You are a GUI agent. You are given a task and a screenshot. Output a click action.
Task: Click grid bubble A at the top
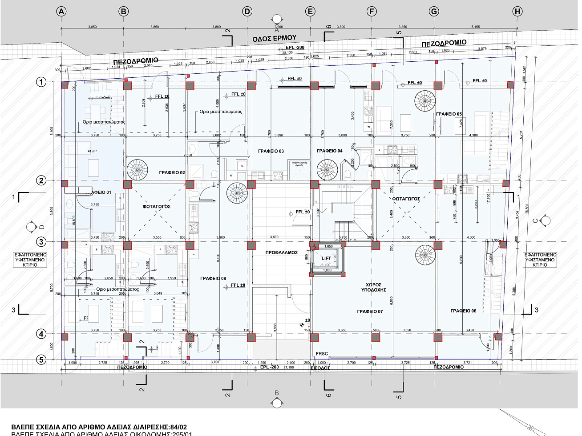coord(61,12)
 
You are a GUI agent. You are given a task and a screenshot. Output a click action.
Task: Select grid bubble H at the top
coord(517,12)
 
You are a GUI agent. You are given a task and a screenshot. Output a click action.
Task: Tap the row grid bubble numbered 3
coord(41,242)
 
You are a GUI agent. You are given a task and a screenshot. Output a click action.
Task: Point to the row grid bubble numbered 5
coord(41,360)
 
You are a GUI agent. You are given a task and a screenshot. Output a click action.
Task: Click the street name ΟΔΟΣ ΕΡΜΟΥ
coord(274,39)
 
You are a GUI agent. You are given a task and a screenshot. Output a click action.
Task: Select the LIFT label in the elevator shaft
coord(326,258)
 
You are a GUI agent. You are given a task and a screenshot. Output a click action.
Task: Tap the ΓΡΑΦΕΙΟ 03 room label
coord(271,151)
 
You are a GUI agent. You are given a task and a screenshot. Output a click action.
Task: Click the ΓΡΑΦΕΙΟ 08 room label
coord(213,279)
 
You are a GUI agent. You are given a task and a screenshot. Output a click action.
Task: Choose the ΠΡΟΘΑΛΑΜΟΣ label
coord(281,252)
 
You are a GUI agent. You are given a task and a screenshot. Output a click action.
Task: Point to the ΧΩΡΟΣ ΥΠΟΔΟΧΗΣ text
coord(373,287)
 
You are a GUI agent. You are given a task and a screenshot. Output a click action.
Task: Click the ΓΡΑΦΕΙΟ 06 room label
coord(463,311)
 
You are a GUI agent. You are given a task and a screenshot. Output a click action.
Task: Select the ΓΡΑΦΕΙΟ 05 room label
coord(449,114)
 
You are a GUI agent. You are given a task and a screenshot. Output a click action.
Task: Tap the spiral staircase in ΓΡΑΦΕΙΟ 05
coord(425,101)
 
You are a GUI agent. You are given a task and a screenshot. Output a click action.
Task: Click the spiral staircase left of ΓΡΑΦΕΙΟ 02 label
coord(137,170)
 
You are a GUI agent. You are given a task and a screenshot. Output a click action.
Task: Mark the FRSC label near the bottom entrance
coord(322,354)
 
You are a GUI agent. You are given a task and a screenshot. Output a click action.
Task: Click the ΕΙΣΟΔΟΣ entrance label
coord(320,368)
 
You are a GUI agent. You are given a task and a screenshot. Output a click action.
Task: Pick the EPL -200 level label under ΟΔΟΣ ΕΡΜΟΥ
coord(295,48)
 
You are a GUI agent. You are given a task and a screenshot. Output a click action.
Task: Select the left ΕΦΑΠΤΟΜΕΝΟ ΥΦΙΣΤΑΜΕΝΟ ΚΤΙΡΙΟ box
coord(30,260)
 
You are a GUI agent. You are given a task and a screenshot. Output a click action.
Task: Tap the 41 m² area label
coord(92,151)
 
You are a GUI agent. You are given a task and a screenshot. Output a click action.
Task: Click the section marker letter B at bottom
coord(277,393)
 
